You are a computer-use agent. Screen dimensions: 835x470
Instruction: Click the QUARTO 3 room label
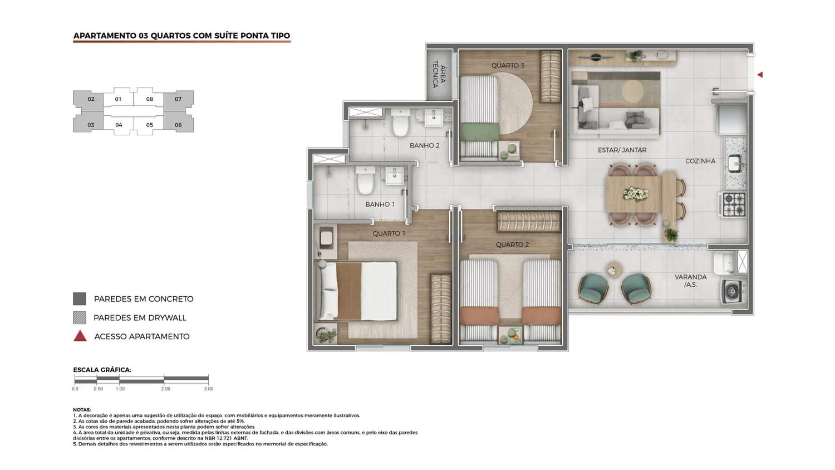pyautogui.click(x=508, y=65)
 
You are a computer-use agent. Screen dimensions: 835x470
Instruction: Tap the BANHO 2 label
pyautogui.click(x=425, y=145)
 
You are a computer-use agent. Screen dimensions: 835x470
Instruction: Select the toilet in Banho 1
pyautogui.click(x=365, y=180)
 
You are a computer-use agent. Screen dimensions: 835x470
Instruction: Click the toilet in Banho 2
pyautogui.click(x=401, y=123)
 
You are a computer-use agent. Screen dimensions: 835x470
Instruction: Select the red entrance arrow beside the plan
pyautogui.click(x=760, y=75)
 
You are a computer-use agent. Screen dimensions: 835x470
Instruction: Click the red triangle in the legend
pyautogui.click(x=80, y=336)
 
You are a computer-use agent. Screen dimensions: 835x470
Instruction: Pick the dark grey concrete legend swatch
pyautogui.click(x=80, y=299)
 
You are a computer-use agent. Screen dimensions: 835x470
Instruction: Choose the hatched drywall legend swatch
pyautogui.click(x=80, y=317)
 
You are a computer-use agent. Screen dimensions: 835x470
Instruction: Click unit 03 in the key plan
pyautogui.click(x=91, y=125)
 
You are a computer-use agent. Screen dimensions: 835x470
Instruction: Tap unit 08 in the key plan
pyautogui.click(x=150, y=99)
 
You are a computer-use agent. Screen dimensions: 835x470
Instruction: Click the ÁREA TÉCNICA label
pyautogui.click(x=439, y=75)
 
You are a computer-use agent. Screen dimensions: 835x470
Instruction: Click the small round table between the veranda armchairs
pyautogui.click(x=613, y=270)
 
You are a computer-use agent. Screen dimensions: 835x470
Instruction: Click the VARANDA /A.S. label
pyautogui.click(x=690, y=281)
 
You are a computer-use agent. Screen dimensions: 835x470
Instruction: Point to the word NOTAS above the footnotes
pyautogui.click(x=82, y=409)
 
